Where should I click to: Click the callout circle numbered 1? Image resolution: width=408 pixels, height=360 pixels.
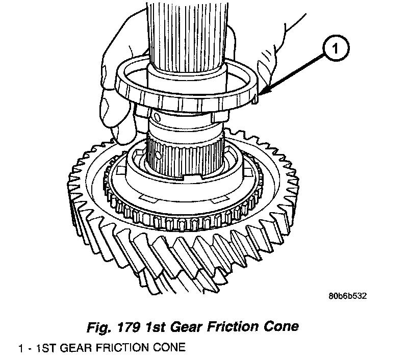tap(334, 49)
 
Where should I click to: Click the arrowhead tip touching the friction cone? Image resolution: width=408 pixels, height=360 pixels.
tap(260, 94)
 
